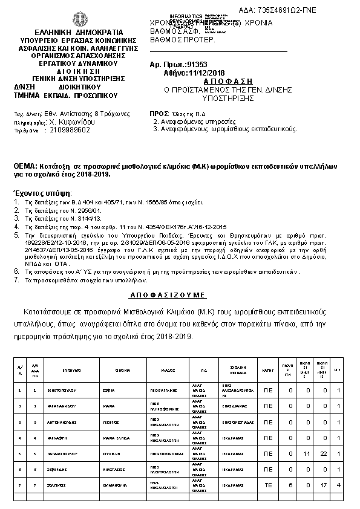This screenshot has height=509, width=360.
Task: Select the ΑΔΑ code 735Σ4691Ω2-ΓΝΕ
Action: (295, 11)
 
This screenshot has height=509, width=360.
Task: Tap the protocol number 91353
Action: (187, 63)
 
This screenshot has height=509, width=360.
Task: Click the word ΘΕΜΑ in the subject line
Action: (25, 166)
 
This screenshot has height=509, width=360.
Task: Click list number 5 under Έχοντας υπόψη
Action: (16, 233)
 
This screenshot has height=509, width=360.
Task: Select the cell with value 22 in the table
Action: (325, 453)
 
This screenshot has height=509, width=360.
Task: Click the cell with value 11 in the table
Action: (306, 453)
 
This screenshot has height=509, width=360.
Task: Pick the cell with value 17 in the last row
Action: (325, 485)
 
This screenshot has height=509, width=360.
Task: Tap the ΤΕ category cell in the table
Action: (268, 485)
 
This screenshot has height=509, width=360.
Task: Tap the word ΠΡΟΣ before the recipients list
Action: (159, 114)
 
